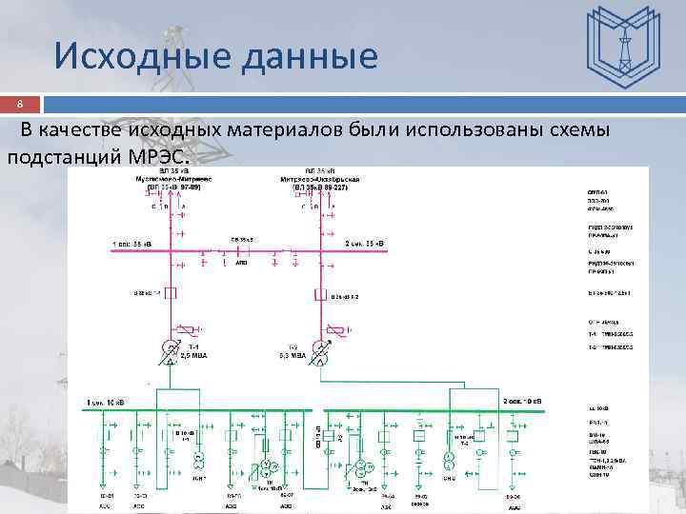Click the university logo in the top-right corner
[x=623, y=44]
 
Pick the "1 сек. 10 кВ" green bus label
[x=109, y=404]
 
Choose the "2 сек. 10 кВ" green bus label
[x=523, y=402]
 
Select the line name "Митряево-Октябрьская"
[x=319, y=178]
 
